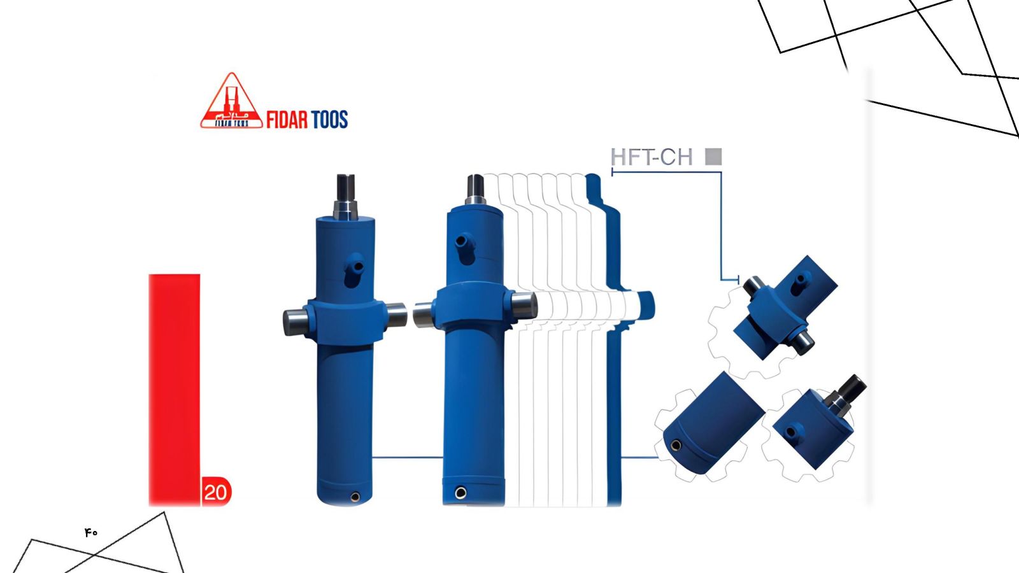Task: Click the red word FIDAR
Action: click(x=287, y=120)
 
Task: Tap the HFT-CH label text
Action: click(x=652, y=157)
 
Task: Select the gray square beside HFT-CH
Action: click(x=713, y=157)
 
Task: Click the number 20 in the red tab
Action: click(x=216, y=493)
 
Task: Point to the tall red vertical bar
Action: click(x=175, y=390)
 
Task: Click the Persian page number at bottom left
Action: click(x=91, y=532)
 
